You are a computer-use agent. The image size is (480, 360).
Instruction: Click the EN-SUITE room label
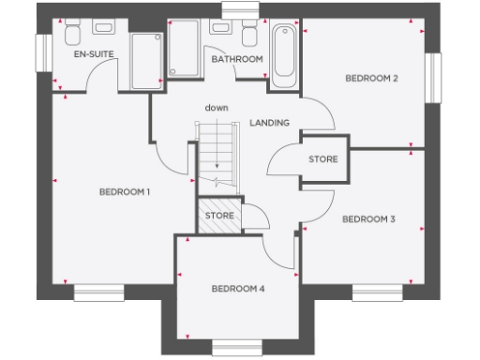(94, 55)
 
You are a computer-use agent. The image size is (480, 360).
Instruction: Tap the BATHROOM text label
(236, 59)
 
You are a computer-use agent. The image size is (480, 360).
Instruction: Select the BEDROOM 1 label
(125, 192)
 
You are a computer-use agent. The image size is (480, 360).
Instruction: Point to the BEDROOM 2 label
(372, 78)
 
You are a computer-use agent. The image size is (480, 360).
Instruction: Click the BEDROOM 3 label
(368, 219)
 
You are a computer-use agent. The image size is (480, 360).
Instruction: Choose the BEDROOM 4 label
(237, 289)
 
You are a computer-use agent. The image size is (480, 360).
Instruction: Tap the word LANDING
(270, 124)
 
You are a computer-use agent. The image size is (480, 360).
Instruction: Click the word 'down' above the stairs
(216, 108)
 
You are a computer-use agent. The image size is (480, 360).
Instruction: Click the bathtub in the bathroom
(283, 56)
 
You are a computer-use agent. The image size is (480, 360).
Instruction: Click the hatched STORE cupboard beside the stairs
(218, 216)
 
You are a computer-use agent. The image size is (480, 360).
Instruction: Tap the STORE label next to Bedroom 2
(323, 159)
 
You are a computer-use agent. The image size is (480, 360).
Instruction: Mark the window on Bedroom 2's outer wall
(433, 76)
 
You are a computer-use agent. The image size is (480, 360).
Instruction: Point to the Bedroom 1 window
(99, 293)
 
